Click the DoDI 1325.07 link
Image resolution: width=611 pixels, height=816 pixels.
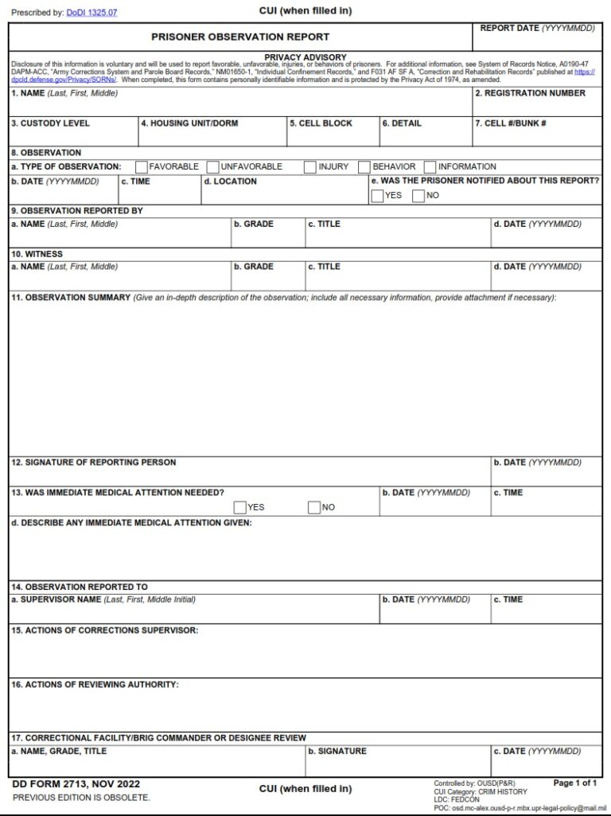point(91,13)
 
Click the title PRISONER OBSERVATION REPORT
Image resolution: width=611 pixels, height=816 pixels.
point(240,37)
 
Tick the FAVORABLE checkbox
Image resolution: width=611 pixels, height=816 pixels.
point(142,167)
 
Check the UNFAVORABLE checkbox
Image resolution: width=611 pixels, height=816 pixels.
point(213,167)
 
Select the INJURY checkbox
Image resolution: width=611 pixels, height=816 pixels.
point(310,167)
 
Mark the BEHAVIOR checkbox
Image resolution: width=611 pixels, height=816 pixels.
point(364,167)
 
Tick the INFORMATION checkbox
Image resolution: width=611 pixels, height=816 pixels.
point(430,167)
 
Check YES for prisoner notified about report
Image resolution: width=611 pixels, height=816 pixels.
point(377,196)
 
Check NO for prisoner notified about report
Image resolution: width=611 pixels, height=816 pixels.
point(418,196)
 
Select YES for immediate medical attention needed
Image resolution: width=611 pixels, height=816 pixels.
point(240,508)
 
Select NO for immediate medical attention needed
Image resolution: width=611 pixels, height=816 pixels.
point(314,508)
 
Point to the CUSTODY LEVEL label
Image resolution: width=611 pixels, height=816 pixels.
point(50,123)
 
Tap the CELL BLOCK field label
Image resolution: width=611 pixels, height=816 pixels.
point(321,123)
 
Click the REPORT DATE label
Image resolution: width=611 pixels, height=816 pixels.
point(537,29)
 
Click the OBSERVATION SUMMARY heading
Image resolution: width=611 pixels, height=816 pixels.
point(70,298)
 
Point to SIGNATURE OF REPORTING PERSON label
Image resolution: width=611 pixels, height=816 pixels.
point(93,463)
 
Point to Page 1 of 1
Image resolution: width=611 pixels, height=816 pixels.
point(575,783)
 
